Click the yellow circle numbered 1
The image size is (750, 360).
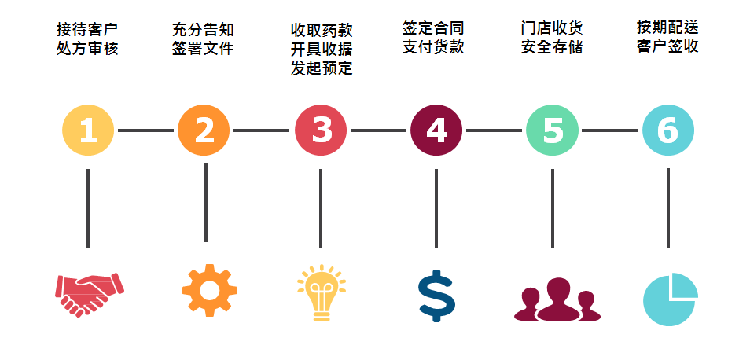pyautogui.click(x=88, y=130)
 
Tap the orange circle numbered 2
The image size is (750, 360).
pyautogui.click(x=204, y=130)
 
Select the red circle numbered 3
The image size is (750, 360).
pyautogui.click(x=321, y=130)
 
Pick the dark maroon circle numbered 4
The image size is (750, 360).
pyautogui.click(x=436, y=130)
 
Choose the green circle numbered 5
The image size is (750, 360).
pyautogui.click(x=553, y=130)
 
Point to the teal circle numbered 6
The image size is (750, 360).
pyautogui.click(x=668, y=130)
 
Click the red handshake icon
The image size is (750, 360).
pyautogui.click(x=90, y=294)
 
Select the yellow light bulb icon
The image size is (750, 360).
pyautogui.click(x=322, y=293)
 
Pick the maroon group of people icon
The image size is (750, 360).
pyautogui.click(x=557, y=300)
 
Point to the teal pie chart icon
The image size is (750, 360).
pyautogui.click(x=670, y=299)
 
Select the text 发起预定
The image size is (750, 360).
pyautogui.click(x=322, y=68)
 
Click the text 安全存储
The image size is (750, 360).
pyautogui.click(x=552, y=47)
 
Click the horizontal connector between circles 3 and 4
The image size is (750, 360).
pyautogui.click(x=378, y=130)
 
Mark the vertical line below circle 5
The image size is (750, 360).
pyautogui.click(x=553, y=208)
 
